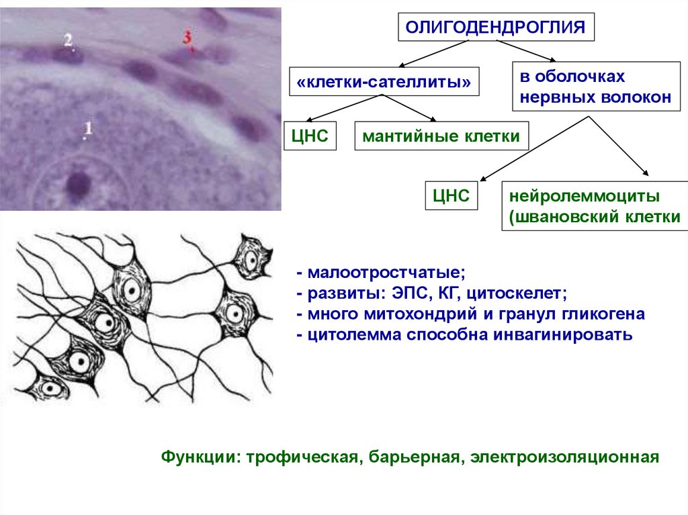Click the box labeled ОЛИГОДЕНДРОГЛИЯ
click(498, 28)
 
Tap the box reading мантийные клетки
click(441, 136)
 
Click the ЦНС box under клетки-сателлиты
click(310, 136)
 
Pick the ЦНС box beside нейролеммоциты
click(450, 197)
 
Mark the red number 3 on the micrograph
click(187, 38)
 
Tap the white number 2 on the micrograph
click(69, 40)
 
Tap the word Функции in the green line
click(197, 458)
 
